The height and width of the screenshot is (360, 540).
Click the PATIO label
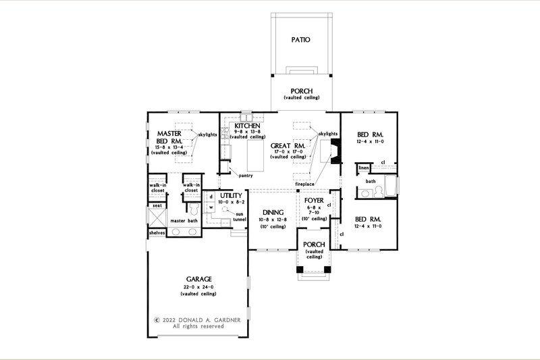click(x=302, y=40)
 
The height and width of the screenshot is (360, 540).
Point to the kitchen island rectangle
click(x=255, y=155)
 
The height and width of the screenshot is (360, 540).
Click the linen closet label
click(x=363, y=167)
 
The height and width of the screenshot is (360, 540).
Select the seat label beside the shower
click(x=157, y=205)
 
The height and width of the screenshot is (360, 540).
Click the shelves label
click(x=157, y=233)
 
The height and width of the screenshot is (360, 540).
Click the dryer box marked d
click(x=211, y=197)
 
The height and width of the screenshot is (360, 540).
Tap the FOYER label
click(x=315, y=200)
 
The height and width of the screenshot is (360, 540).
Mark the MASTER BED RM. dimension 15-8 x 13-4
click(x=168, y=147)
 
